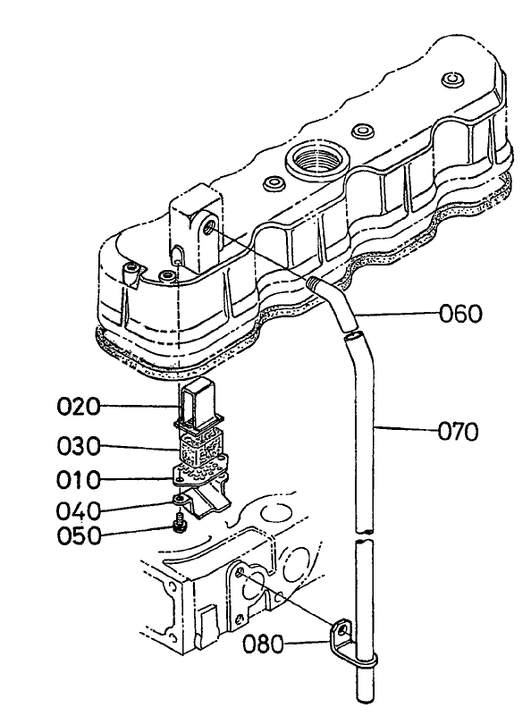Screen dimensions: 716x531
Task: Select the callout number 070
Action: coord(458,432)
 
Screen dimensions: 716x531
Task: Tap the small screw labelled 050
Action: coord(181,519)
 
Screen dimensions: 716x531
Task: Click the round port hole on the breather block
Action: coord(208,229)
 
